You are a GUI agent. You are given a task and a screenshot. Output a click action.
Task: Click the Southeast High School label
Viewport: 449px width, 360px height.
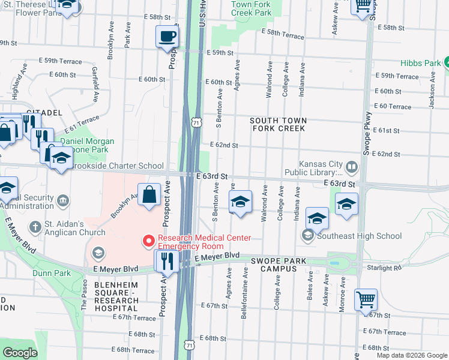(x=359, y=236)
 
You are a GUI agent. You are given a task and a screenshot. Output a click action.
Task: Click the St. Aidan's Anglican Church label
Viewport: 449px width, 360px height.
(x=74, y=228)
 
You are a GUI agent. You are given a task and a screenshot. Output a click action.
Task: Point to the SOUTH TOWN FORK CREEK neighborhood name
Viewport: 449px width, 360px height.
(x=278, y=124)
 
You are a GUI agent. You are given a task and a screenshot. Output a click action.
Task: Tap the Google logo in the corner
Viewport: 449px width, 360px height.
(x=20, y=352)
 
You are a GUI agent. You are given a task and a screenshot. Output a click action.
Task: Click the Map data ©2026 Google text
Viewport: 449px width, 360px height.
(x=411, y=355)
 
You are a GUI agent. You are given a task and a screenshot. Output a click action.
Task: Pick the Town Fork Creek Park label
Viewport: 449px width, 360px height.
(x=252, y=8)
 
